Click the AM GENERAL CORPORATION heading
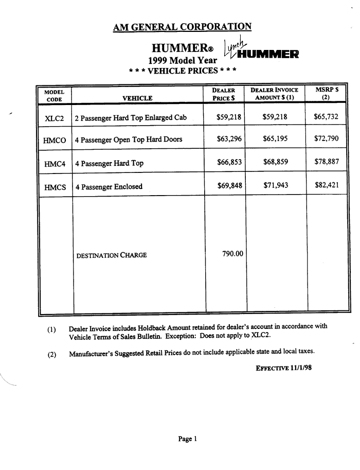click(182, 27)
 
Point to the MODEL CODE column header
click(54, 94)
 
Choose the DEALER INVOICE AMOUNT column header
click(275, 94)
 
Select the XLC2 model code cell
click(55, 117)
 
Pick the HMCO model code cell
click(55, 140)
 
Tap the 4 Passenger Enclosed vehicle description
click(109, 187)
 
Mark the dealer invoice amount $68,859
click(275, 163)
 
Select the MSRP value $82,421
click(326, 186)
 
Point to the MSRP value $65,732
click(326, 117)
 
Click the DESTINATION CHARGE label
click(111, 255)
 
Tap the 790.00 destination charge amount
click(232, 254)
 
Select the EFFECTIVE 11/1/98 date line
click(283, 368)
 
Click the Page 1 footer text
click(187, 439)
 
